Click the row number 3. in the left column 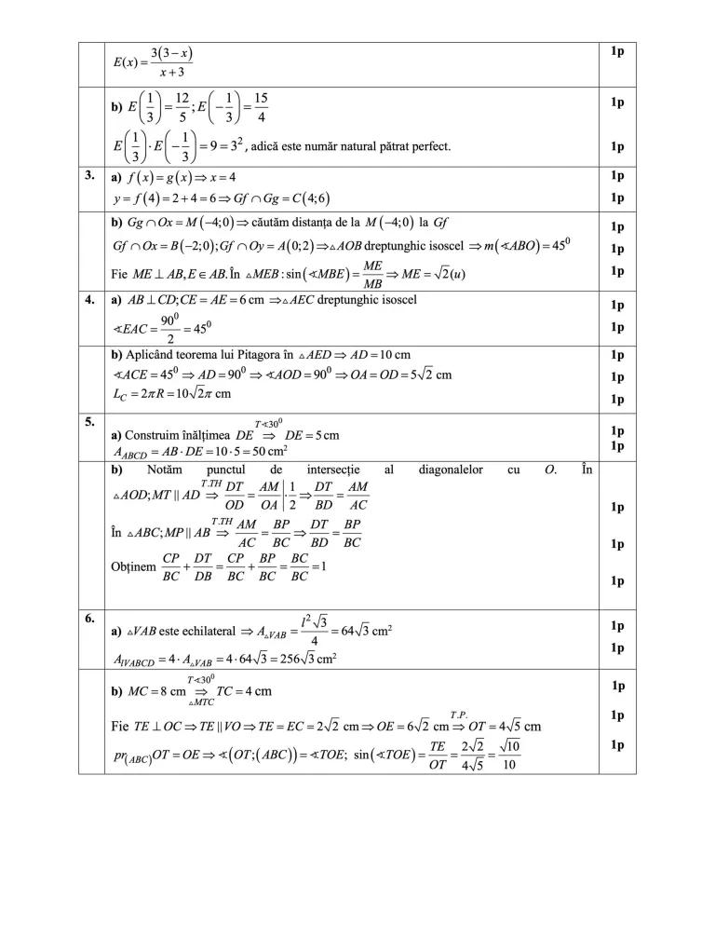(89, 175)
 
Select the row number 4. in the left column (89, 301)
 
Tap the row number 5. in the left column (89, 421)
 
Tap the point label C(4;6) (306, 198)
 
